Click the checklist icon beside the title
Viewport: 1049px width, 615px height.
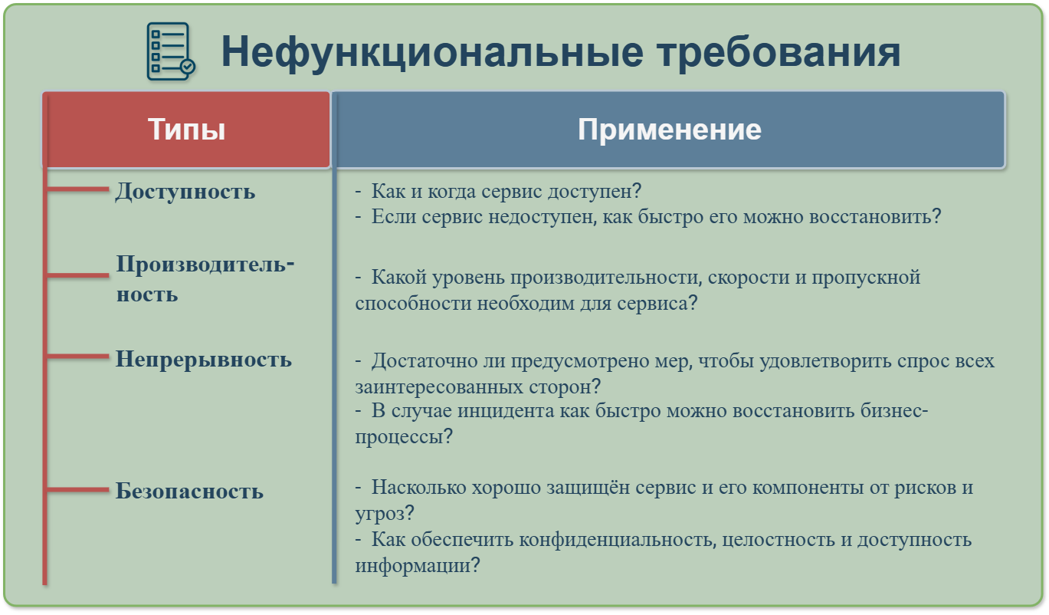(171, 51)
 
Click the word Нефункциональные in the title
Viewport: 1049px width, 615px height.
(432, 52)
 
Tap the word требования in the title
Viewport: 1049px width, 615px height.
(779, 52)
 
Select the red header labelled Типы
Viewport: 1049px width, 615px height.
(186, 130)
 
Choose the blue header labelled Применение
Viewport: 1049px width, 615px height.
(669, 130)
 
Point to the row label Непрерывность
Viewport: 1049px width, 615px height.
(204, 360)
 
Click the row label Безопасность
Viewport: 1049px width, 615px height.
(189, 492)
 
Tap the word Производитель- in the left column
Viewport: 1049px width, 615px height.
(205, 265)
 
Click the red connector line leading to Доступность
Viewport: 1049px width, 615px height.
(77, 189)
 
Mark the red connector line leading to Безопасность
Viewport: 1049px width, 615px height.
(77, 490)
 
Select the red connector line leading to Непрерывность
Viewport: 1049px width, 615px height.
(77, 357)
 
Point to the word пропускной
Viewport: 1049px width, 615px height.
(866, 278)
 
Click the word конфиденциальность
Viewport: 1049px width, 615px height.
(618, 541)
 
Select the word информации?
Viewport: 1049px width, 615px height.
(418, 566)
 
